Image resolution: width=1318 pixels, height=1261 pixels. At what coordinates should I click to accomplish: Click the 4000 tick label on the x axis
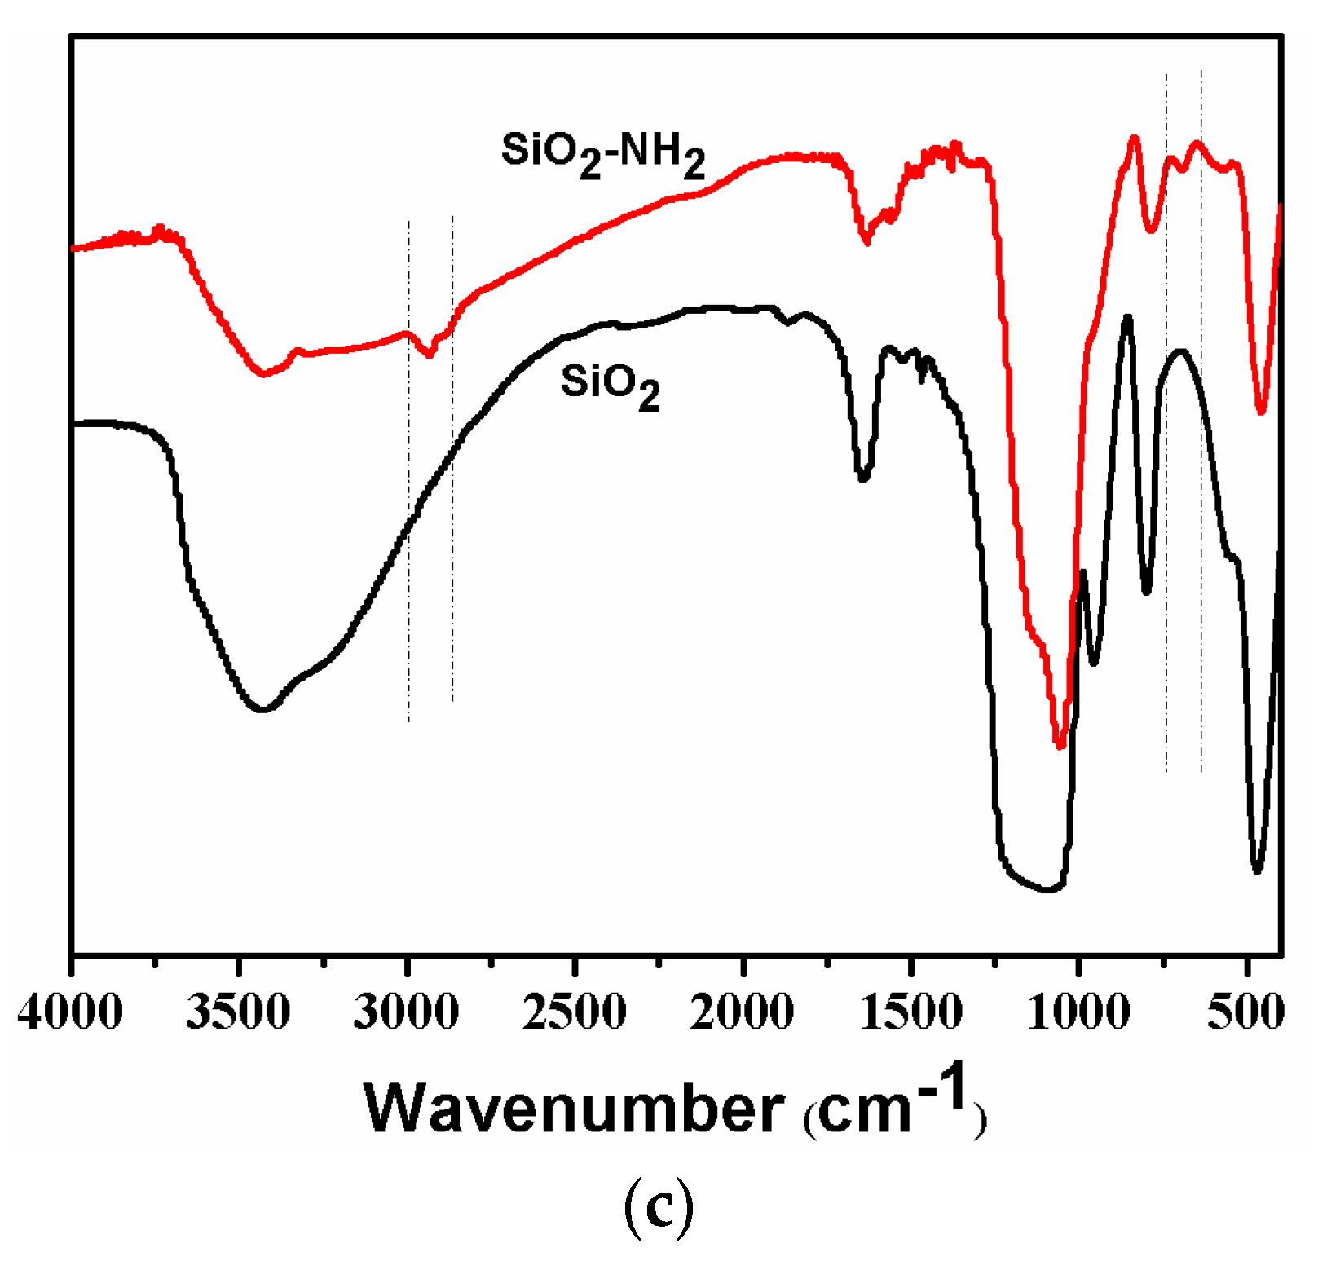point(70,1013)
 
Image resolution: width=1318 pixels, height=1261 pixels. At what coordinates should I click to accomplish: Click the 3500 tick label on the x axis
point(238,1013)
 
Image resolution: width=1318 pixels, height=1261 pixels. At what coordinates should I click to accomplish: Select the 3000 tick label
point(406,1013)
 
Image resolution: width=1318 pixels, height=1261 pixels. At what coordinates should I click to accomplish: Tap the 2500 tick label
point(575,1013)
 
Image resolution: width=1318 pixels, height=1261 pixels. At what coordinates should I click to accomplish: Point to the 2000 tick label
point(743,1013)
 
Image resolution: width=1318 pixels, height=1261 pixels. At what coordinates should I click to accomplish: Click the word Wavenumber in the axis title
point(575,1109)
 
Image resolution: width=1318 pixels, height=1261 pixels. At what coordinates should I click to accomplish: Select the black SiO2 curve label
point(610,385)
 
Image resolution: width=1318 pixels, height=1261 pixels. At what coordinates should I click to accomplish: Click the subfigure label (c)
point(659,1209)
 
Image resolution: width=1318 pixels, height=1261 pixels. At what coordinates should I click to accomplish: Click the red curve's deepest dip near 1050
point(1060,743)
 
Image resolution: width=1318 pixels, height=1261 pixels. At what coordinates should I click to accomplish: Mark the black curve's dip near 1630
point(863,477)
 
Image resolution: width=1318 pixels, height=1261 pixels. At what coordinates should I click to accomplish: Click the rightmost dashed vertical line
point(1201,489)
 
